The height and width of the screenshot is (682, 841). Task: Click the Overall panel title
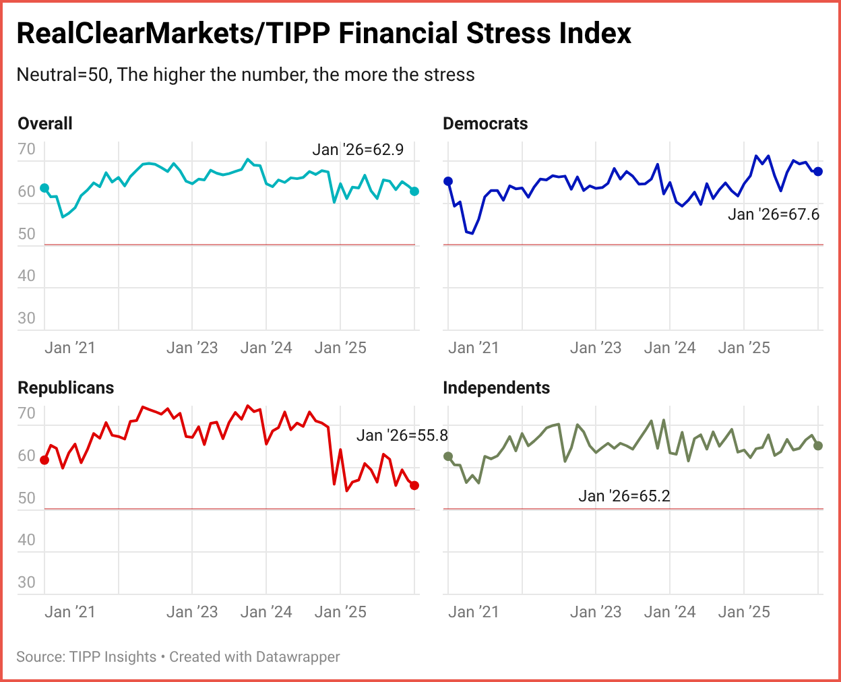pyautogui.click(x=45, y=123)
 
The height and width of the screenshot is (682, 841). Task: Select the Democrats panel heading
pyautogui.click(x=485, y=123)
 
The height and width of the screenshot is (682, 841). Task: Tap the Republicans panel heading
pyautogui.click(x=66, y=387)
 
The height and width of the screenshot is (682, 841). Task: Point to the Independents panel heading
pyautogui.click(x=496, y=387)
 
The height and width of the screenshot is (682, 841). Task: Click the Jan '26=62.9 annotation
pyautogui.click(x=358, y=150)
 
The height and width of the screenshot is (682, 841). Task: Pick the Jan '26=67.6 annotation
pyautogui.click(x=774, y=214)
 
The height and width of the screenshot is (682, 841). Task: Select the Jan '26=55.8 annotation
pyautogui.click(x=402, y=435)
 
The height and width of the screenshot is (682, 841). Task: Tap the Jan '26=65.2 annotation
pyautogui.click(x=624, y=496)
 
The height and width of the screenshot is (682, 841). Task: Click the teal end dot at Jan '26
pyautogui.click(x=414, y=191)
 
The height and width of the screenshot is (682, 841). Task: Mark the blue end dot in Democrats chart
pyautogui.click(x=818, y=171)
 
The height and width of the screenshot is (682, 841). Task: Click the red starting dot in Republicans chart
pyautogui.click(x=44, y=460)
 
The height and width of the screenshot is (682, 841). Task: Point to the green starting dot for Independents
pyautogui.click(x=448, y=456)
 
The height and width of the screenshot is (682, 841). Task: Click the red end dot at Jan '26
pyautogui.click(x=414, y=485)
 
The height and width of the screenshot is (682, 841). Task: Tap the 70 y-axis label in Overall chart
pyautogui.click(x=26, y=149)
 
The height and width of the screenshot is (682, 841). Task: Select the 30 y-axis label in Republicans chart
pyautogui.click(x=26, y=582)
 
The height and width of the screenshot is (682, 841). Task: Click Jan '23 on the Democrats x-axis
pyautogui.click(x=596, y=348)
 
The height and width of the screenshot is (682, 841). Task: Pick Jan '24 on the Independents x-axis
pyautogui.click(x=670, y=612)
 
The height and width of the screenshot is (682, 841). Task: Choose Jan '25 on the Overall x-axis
pyautogui.click(x=340, y=348)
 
